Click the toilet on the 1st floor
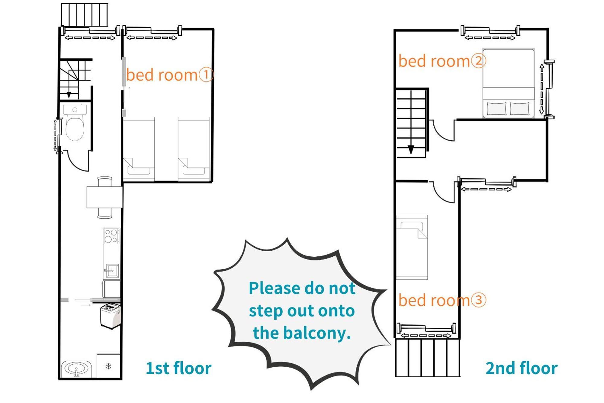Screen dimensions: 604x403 [x=75, y=122]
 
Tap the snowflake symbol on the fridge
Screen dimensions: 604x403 [x=108, y=366]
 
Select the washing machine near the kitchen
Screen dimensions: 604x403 [x=111, y=316]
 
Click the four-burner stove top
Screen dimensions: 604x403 [x=111, y=236]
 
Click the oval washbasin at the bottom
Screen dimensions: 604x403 [x=76, y=369]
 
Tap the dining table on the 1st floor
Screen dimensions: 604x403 [x=104, y=197]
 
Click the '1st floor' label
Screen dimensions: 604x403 [x=178, y=368]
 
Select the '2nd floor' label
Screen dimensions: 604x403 [x=522, y=368]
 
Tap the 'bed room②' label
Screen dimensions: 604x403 [x=442, y=61]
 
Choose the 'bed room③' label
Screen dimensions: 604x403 [x=442, y=300]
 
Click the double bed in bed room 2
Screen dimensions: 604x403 [x=509, y=83]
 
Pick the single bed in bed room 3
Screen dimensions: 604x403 [x=412, y=247]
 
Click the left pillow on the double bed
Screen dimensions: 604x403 [x=496, y=109]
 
